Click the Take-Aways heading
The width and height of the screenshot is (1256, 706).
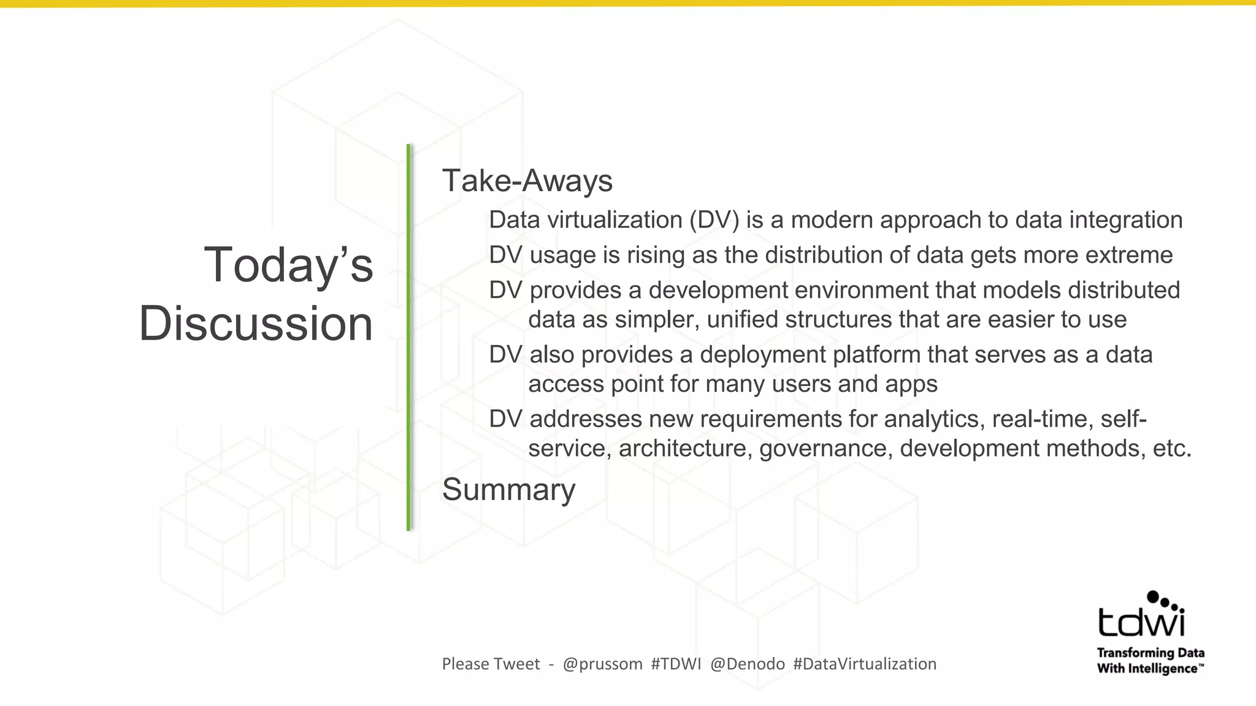click(527, 181)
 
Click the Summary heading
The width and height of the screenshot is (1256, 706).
click(508, 490)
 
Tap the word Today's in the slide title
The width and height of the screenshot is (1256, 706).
click(288, 265)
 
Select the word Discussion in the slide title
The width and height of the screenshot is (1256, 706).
click(256, 323)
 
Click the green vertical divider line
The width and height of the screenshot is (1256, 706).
click(408, 337)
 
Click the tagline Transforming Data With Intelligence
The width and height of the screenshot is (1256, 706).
click(1151, 661)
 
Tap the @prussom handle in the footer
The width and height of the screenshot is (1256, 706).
click(602, 664)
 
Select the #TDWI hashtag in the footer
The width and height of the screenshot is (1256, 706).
click(676, 664)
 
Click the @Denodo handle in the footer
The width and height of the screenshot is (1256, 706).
click(748, 664)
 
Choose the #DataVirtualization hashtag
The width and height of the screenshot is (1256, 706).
click(865, 664)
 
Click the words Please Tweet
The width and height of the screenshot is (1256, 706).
click(491, 664)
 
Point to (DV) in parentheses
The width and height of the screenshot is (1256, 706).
click(714, 220)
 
